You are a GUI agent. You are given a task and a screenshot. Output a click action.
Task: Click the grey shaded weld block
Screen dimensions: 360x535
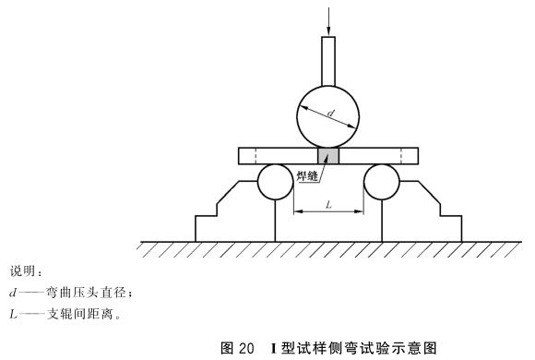click(328, 155)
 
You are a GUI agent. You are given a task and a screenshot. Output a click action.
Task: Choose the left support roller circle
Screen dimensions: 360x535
click(274, 182)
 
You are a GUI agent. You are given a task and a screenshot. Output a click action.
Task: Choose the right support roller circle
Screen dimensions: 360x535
click(381, 182)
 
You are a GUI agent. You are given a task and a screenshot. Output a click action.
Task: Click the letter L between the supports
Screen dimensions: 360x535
click(327, 205)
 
